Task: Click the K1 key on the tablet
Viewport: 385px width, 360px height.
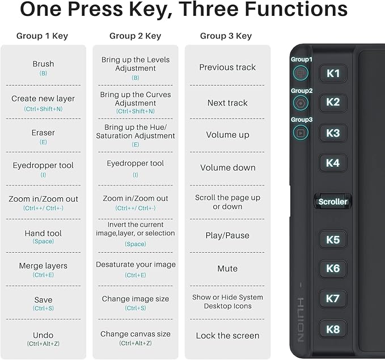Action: [x=333, y=73]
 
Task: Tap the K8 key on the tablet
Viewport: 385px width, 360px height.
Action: [x=333, y=329]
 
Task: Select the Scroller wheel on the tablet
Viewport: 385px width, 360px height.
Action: [x=333, y=202]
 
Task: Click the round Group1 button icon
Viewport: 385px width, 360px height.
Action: [x=301, y=73]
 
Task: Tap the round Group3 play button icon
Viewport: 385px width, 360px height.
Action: [x=301, y=133]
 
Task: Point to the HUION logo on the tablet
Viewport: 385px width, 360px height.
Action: [x=301, y=320]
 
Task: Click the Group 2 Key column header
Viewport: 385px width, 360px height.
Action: [x=136, y=36]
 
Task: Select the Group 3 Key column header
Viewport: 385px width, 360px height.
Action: [x=226, y=36]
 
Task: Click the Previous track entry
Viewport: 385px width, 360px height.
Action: [x=227, y=67]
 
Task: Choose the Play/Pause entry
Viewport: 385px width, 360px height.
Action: [x=227, y=235]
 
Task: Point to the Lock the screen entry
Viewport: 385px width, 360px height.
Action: [x=227, y=336]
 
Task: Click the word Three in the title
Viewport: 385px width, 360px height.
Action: [x=209, y=9]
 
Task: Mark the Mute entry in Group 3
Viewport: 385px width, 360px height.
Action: [x=227, y=268]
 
